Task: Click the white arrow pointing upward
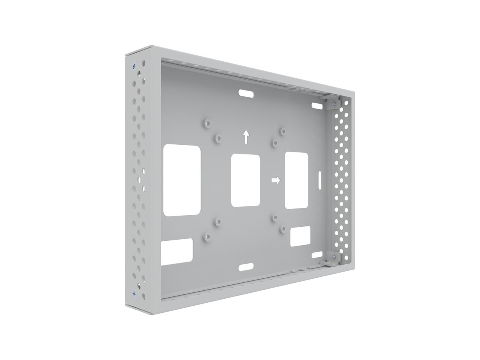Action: tap(246, 136)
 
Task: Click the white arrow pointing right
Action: tap(275, 180)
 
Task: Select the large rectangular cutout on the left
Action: tap(182, 180)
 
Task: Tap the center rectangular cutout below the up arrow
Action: tap(246, 181)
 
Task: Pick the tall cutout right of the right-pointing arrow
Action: tap(296, 180)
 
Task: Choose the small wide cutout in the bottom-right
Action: tap(300, 236)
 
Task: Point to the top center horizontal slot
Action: tap(246, 93)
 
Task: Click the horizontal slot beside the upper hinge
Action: tap(317, 106)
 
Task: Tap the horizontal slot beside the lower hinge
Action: tap(317, 254)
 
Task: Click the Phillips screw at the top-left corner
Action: tap(134, 66)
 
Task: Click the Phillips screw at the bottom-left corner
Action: tap(134, 294)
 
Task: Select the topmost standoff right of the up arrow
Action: tap(282, 131)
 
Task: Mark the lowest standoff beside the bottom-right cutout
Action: tap(282, 229)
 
